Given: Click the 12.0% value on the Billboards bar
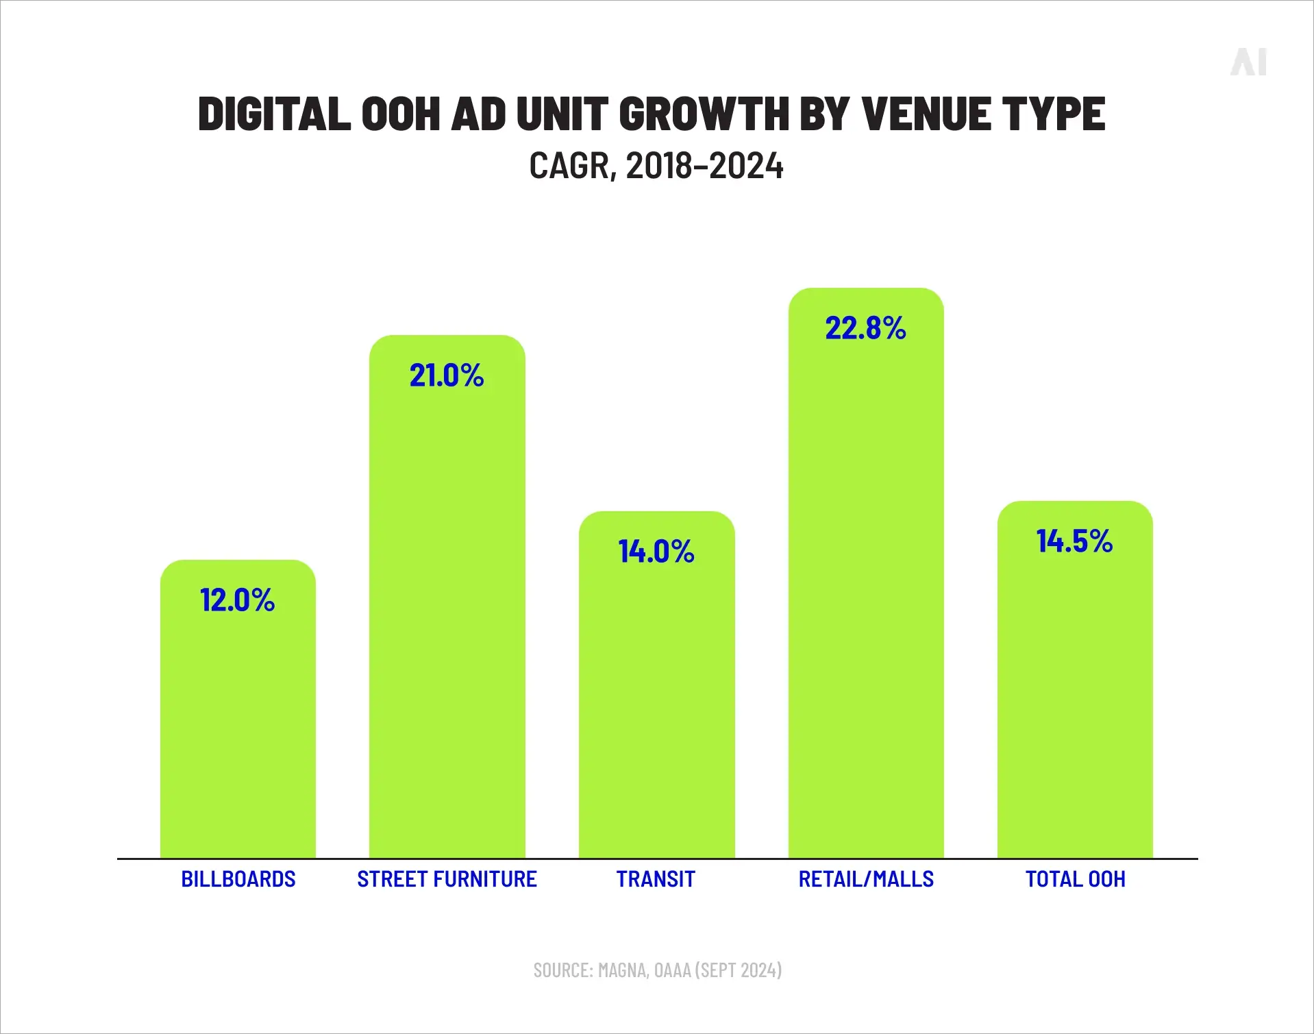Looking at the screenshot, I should [237, 600].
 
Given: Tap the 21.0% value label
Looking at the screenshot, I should [447, 376].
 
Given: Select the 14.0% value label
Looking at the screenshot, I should [656, 552].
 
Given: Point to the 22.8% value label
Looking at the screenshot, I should [865, 328].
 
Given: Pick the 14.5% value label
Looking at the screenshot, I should [1074, 541].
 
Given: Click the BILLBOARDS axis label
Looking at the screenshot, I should [238, 879].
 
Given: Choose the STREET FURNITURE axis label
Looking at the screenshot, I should [447, 879].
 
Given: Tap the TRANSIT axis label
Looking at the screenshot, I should [656, 879].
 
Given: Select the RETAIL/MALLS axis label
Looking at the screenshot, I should [866, 879].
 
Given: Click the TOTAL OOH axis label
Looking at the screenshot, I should [1075, 879].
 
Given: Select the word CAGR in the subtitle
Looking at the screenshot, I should [568, 167].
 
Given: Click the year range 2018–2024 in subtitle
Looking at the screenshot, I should [704, 167].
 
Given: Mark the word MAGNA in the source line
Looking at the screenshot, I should [622, 970].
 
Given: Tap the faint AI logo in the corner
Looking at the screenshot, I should [1248, 62].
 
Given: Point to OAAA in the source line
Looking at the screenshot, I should [673, 970].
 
